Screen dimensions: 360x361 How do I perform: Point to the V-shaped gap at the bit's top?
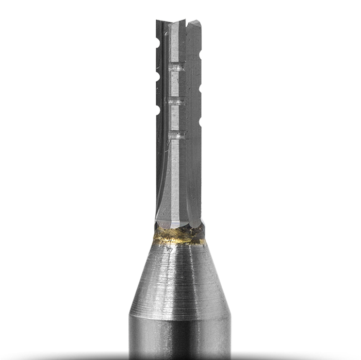point(178,23)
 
